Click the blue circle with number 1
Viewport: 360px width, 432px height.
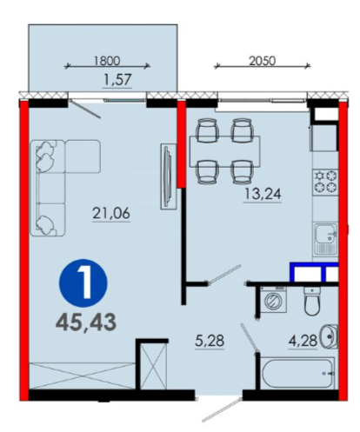83,282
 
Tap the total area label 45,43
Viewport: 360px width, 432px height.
86,322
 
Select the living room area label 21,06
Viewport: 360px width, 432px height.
111,214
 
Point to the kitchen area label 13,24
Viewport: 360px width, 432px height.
263,194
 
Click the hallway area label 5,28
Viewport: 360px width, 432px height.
210,341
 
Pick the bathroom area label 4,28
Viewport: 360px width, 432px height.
303,341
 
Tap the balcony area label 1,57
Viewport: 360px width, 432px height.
117,80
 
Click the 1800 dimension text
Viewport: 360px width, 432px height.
107,61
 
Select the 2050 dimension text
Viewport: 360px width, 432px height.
263,61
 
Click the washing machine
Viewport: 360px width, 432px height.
273,299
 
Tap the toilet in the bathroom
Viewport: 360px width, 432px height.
312,301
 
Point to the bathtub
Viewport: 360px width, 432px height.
297,373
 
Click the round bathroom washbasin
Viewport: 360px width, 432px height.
329,336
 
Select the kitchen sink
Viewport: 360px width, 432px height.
326,239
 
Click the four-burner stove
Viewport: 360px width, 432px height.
326,183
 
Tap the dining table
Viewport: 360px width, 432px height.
225,151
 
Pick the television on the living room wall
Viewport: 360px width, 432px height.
169,176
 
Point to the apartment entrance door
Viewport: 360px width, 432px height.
222,410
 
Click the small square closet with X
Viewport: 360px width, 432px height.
154,366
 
